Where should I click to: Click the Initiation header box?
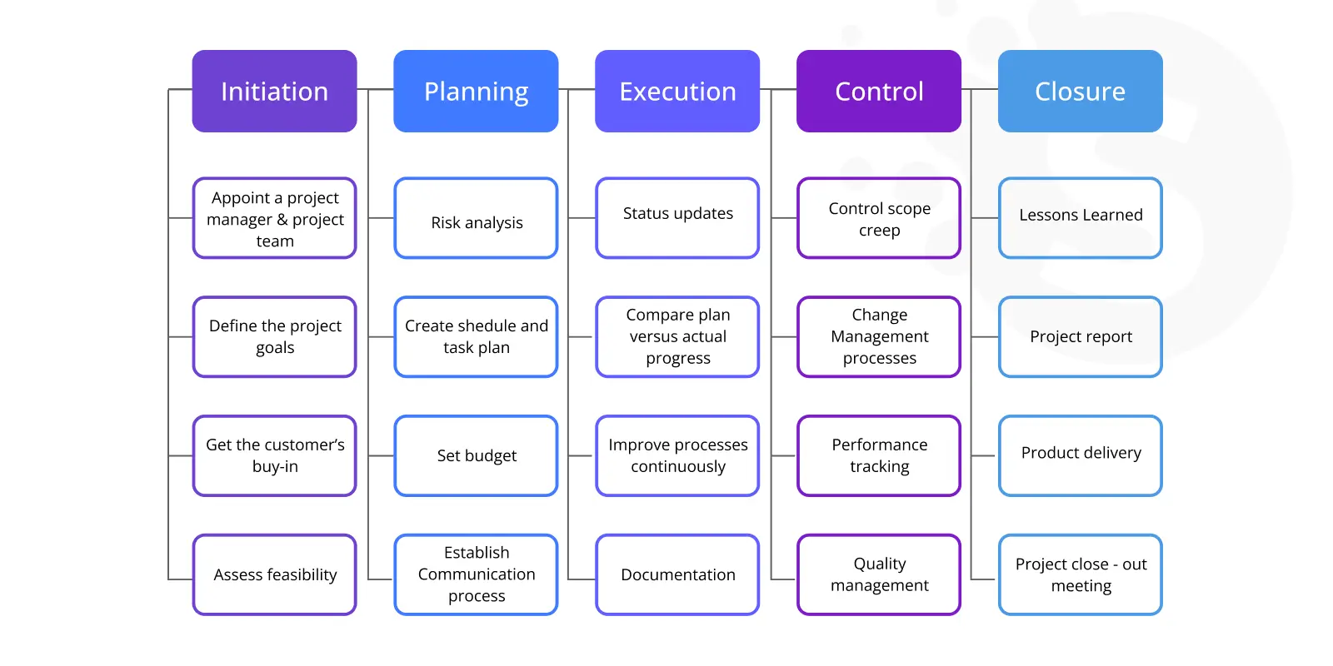pos(274,91)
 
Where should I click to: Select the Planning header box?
pos(476,91)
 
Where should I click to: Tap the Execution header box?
pos(677,91)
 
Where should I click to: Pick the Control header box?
pos(879,91)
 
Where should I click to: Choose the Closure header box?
pos(1080,91)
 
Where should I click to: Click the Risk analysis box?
pos(476,217)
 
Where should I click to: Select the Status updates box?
pos(677,217)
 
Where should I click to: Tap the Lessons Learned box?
pos(1080,217)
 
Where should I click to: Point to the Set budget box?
pos(476,455)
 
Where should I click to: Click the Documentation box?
pos(677,574)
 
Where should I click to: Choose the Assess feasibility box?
pos(274,574)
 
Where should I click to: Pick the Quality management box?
pos(879,574)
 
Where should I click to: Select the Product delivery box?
pos(1080,455)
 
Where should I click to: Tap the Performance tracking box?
pos(879,455)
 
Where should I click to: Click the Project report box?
pos(1080,336)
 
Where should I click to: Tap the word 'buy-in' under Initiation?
pos(275,467)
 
